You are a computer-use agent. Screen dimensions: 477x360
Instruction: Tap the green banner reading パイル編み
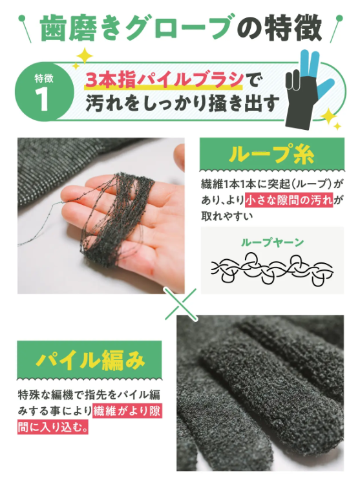click(x=91, y=359)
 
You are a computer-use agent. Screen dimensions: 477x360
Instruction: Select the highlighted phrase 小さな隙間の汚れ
click(x=289, y=200)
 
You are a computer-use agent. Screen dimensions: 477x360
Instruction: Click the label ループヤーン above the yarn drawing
click(x=271, y=242)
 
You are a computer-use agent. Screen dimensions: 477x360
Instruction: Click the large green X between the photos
click(x=181, y=303)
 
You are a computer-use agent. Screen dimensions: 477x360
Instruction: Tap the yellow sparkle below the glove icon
click(x=330, y=118)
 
